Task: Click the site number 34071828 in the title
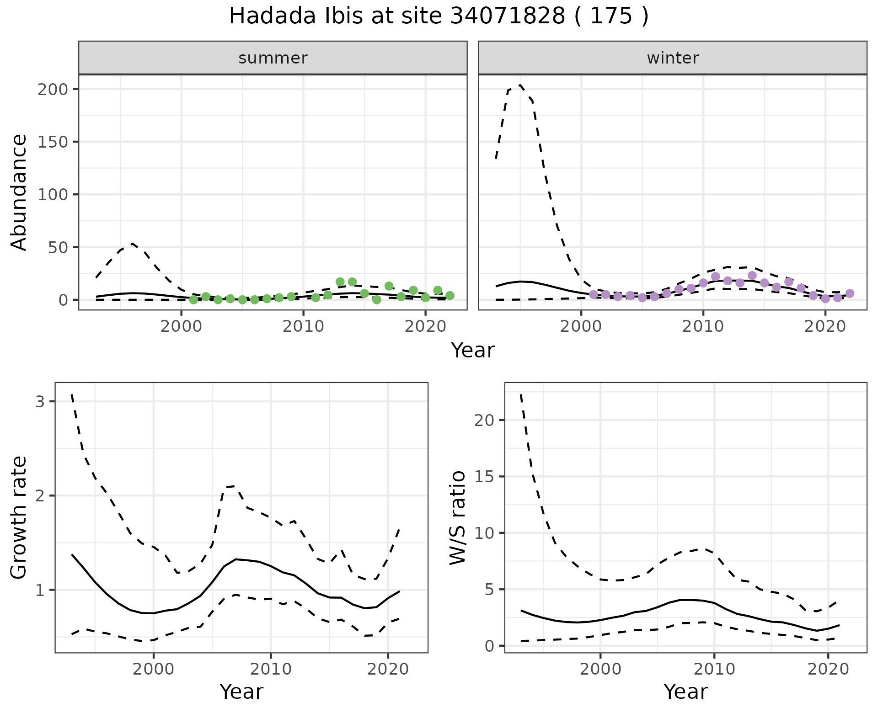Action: tap(508, 16)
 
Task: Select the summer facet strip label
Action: tap(273, 58)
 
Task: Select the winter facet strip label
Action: tap(673, 58)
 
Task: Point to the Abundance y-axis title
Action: tap(19, 192)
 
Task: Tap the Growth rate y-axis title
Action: tap(19, 517)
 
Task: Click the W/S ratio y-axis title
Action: tap(458, 517)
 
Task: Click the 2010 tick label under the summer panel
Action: tap(303, 327)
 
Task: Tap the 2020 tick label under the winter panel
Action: tap(825, 327)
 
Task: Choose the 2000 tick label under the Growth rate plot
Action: tap(154, 670)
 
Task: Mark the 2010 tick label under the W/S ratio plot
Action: tap(714, 670)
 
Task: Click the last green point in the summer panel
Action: tap(450, 296)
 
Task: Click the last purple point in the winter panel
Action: tap(850, 293)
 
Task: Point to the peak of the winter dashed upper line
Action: tap(520, 85)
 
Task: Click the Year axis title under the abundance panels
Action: tap(473, 351)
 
